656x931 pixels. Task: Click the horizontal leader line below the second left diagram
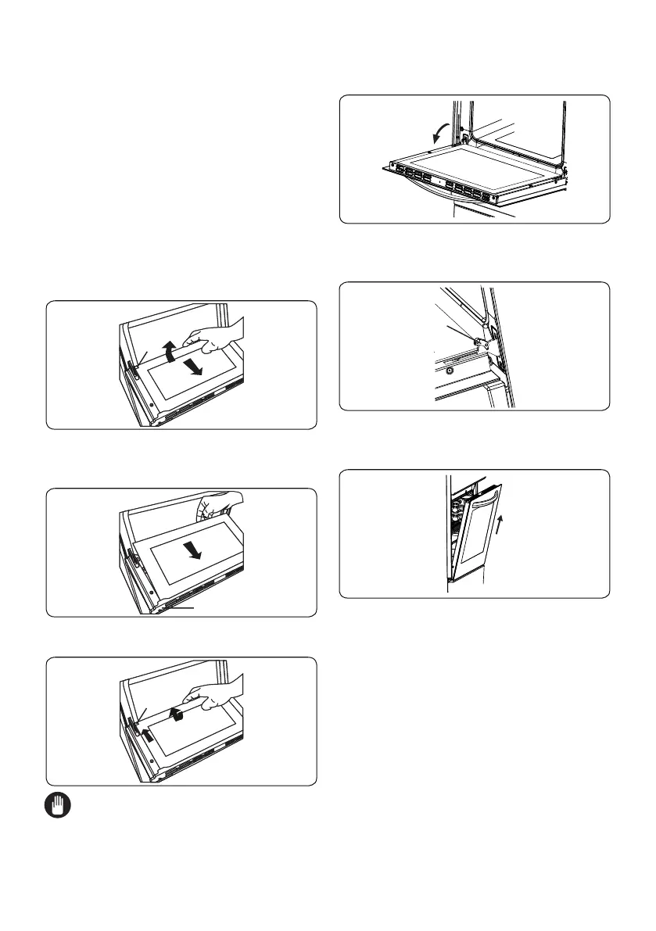pos(187,606)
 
